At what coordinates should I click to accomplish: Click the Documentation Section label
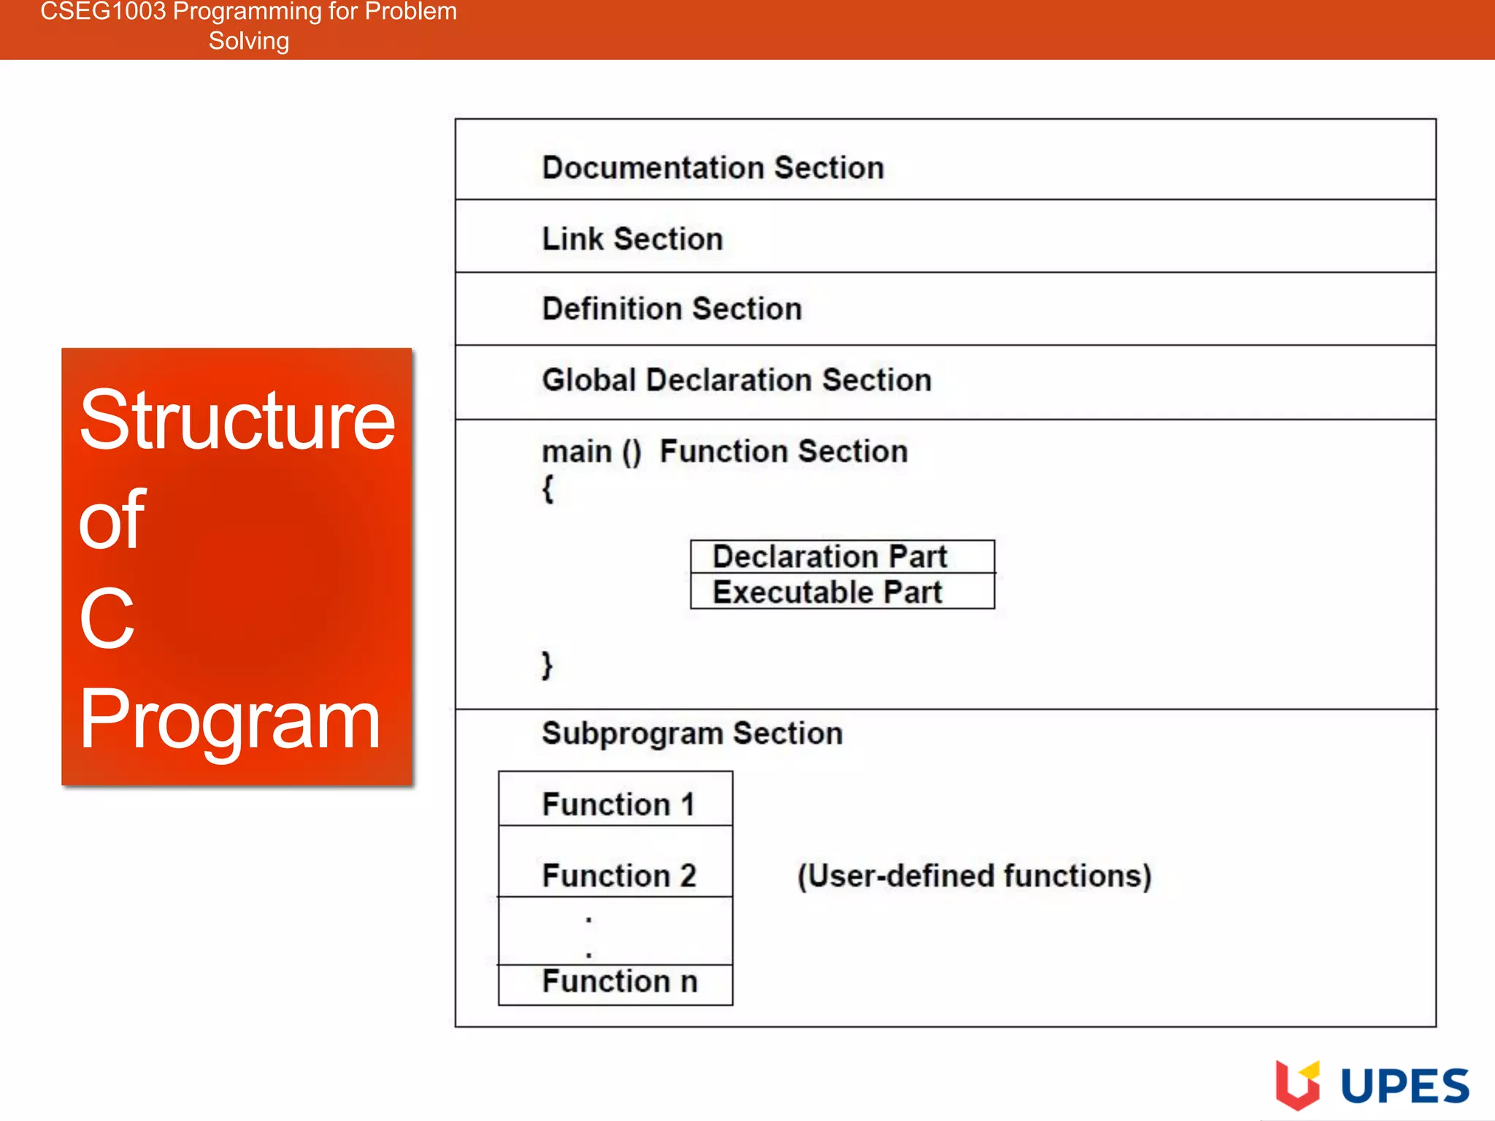713,168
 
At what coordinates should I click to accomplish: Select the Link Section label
632,239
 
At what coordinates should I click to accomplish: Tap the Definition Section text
672,309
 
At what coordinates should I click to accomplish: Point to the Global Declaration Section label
737,380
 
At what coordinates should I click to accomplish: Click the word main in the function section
577,452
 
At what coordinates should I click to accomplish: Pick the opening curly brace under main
548,488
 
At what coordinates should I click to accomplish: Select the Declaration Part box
842,557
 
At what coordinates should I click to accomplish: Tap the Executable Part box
842,592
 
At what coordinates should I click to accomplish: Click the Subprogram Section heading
692,733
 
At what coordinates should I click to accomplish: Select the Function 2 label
619,875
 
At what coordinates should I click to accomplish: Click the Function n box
619,982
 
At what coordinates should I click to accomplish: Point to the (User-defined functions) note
974,876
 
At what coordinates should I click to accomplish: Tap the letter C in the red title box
107,619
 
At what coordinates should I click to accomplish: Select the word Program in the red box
229,720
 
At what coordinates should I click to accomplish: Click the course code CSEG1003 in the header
103,12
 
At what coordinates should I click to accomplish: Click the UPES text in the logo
1404,1086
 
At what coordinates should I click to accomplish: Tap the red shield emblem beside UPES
1297,1085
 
